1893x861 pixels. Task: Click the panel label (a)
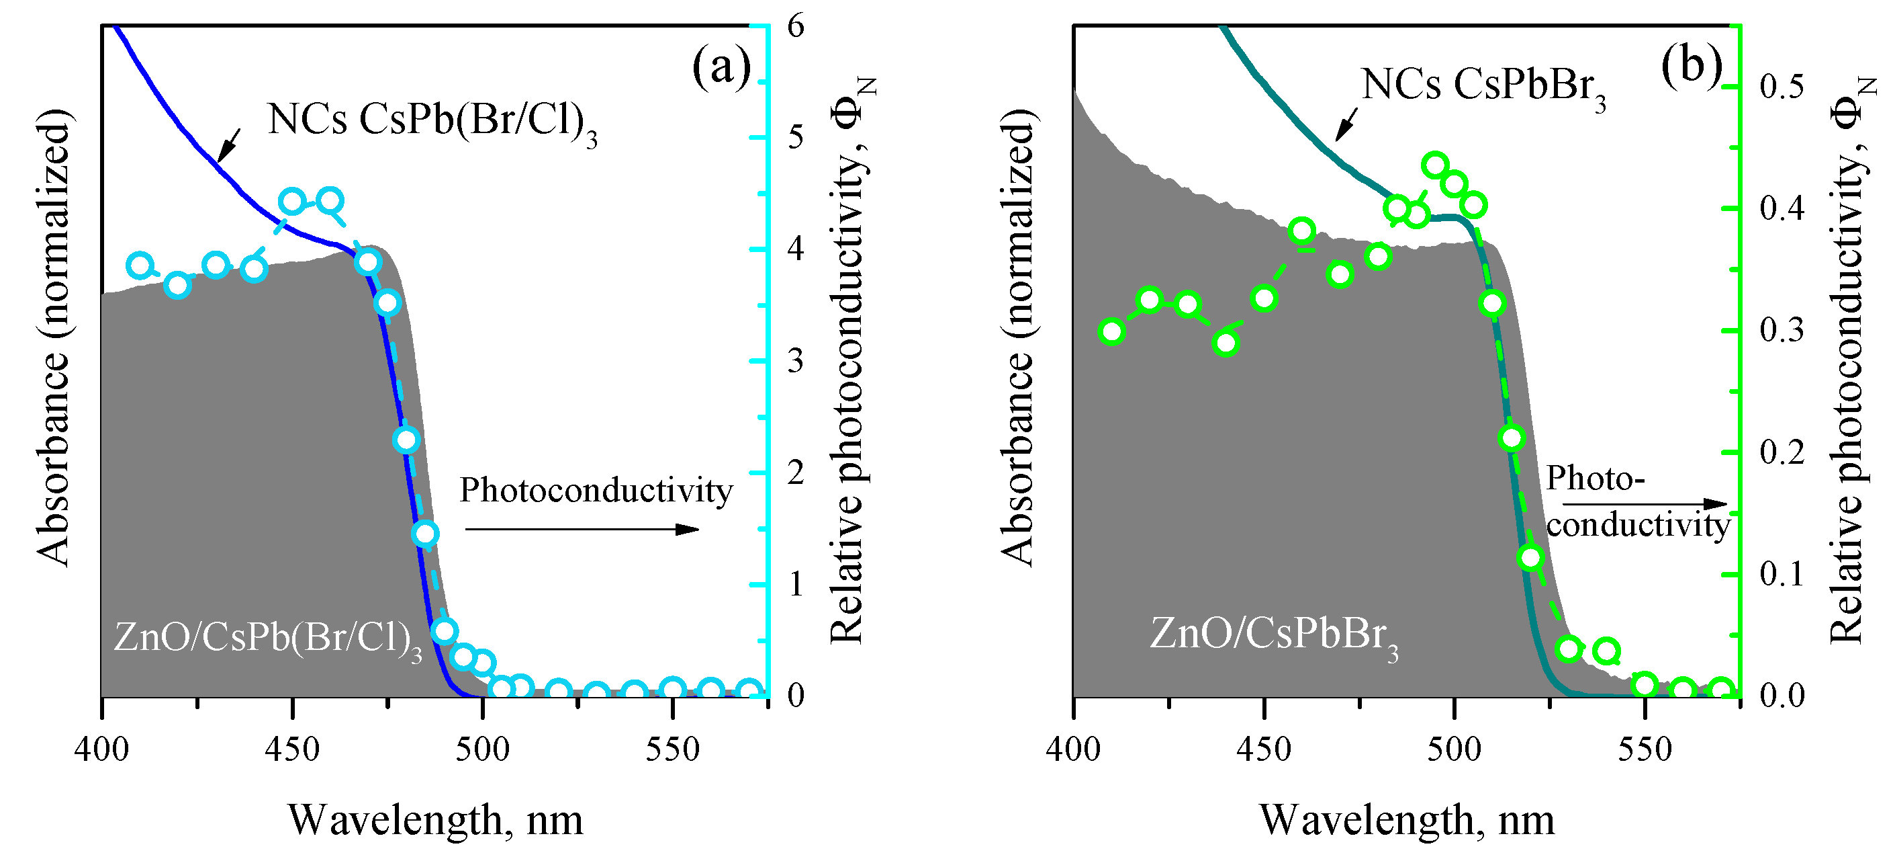point(721,68)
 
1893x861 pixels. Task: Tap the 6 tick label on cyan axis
point(796,26)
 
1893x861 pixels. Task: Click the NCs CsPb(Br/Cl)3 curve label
point(432,121)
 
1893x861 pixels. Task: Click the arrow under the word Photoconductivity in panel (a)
point(582,529)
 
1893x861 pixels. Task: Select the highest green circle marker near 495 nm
point(1435,165)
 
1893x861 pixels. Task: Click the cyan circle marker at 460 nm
point(330,200)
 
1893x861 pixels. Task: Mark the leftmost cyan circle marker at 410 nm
point(140,265)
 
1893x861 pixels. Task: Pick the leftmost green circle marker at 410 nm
point(1112,331)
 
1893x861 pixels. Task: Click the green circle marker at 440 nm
point(1226,343)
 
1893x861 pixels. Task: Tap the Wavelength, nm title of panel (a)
point(435,820)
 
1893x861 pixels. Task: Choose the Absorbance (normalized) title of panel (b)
point(1018,338)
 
